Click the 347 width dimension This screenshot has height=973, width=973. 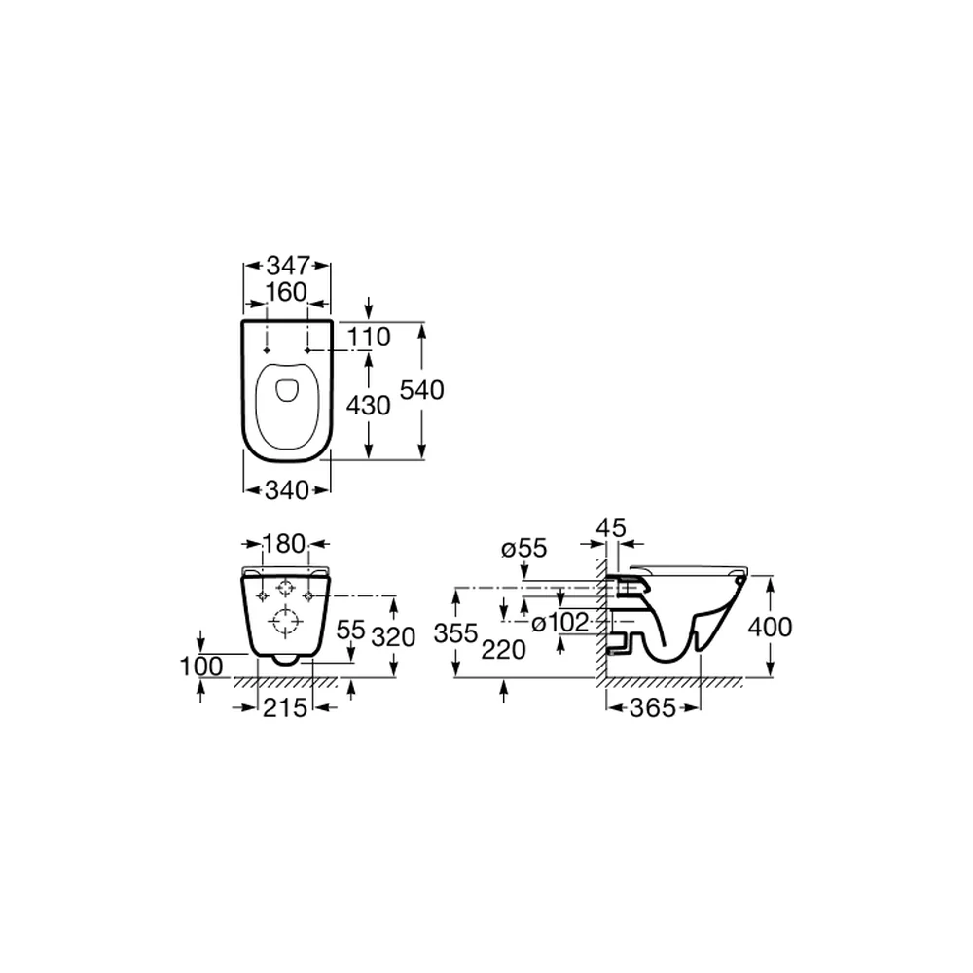point(287,266)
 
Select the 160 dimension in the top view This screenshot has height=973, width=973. point(286,292)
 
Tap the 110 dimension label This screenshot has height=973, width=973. point(369,337)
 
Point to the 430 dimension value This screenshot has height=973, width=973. point(368,405)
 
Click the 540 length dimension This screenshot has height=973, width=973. point(422,390)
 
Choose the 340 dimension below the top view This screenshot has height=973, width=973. point(287,490)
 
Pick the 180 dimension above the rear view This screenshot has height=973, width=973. point(284,544)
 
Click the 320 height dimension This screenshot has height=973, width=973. point(393,636)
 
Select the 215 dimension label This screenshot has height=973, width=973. point(285,707)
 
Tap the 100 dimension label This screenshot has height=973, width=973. point(201,667)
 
